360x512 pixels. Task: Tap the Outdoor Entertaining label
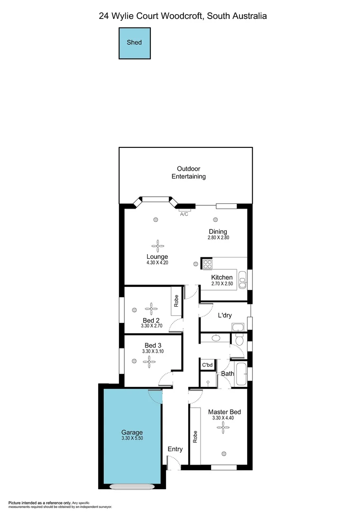click(188, 173)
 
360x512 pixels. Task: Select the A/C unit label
click(184, 214)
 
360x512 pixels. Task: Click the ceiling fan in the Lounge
click(157, 246)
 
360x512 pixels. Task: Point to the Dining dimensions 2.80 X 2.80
click(218, 238)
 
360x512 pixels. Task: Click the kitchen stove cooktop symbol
click(207, 265)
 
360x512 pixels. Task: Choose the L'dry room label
click(224, 316)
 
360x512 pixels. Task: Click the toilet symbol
click(240, 339)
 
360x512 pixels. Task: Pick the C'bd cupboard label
click(207, 365)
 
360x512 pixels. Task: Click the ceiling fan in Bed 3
click(150, 363)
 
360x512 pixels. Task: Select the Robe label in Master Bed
click(195, 437)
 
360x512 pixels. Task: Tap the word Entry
click(175, 449)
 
